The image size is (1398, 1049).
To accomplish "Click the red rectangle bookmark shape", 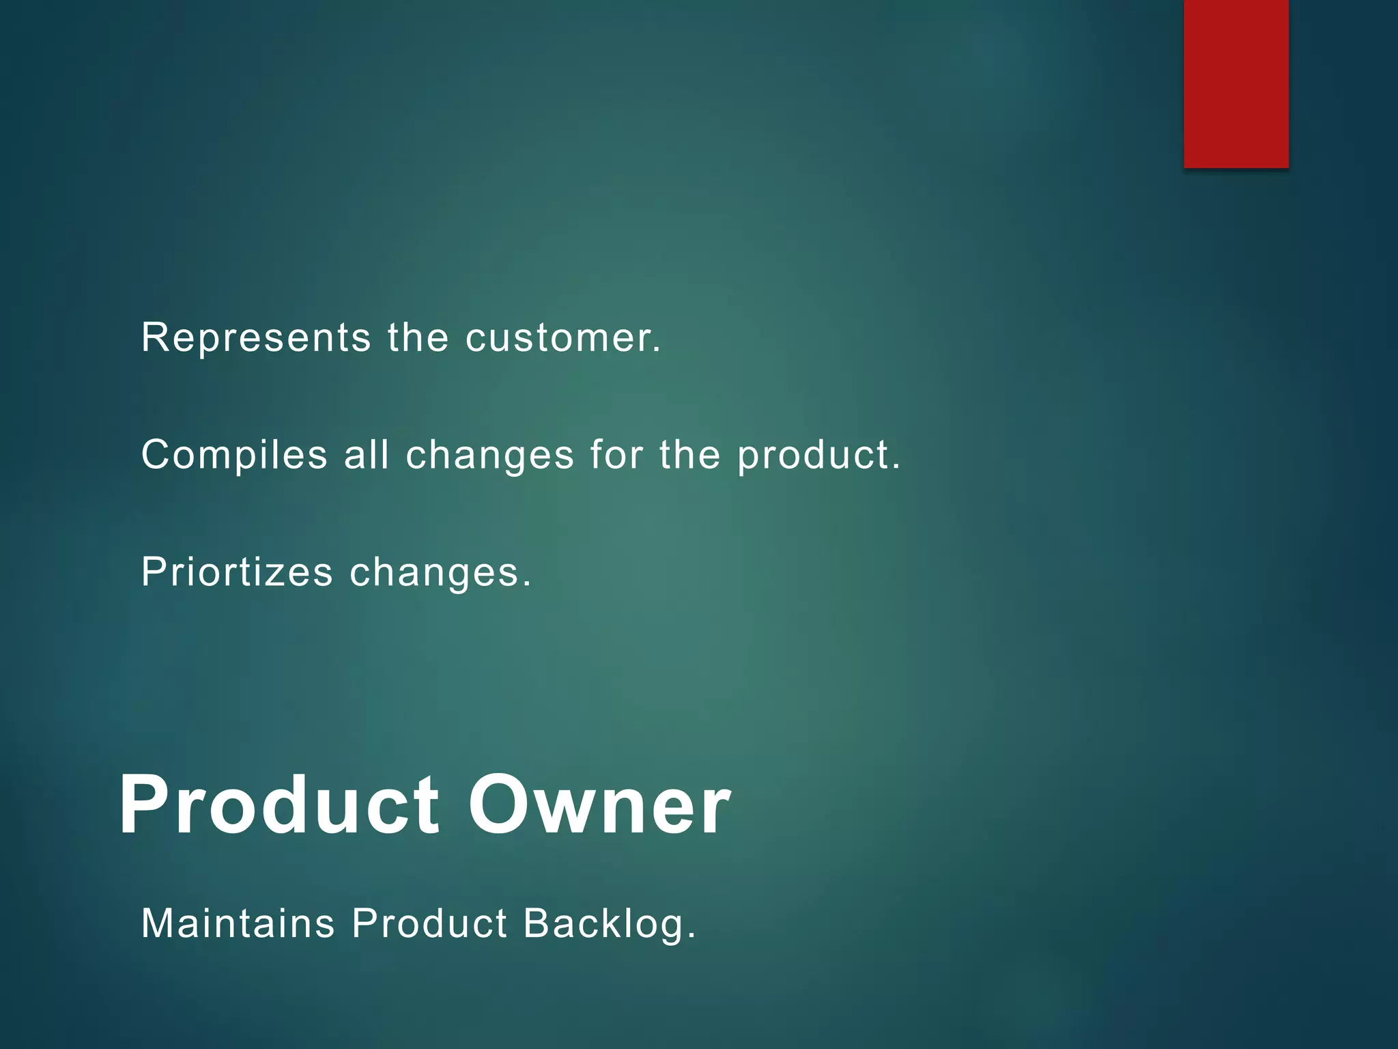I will click(x=1236, y=83).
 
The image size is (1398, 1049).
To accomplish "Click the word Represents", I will click(x=256, y=337).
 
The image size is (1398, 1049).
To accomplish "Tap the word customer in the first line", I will click(x=563, y=337).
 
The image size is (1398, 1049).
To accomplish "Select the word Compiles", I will click(x=234, y=455).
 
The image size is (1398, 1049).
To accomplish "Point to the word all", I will click(x=367, y=454).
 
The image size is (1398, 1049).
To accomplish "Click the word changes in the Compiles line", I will click(x=489, y=455).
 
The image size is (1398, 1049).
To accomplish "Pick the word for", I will click(x=616, y=454).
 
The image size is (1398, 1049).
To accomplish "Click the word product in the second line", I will click(x=818, y=456).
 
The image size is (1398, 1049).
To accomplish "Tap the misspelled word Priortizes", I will click(x=237, y=572).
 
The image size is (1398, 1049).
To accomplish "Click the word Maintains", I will click(x=238, y=923).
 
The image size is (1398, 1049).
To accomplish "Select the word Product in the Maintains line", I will click(x=429, y=923).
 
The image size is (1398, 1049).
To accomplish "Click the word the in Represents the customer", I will click(x=418, y=337).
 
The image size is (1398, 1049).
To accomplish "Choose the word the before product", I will click(x=689, y=454).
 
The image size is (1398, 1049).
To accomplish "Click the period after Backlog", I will click(x=691, y=936).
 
